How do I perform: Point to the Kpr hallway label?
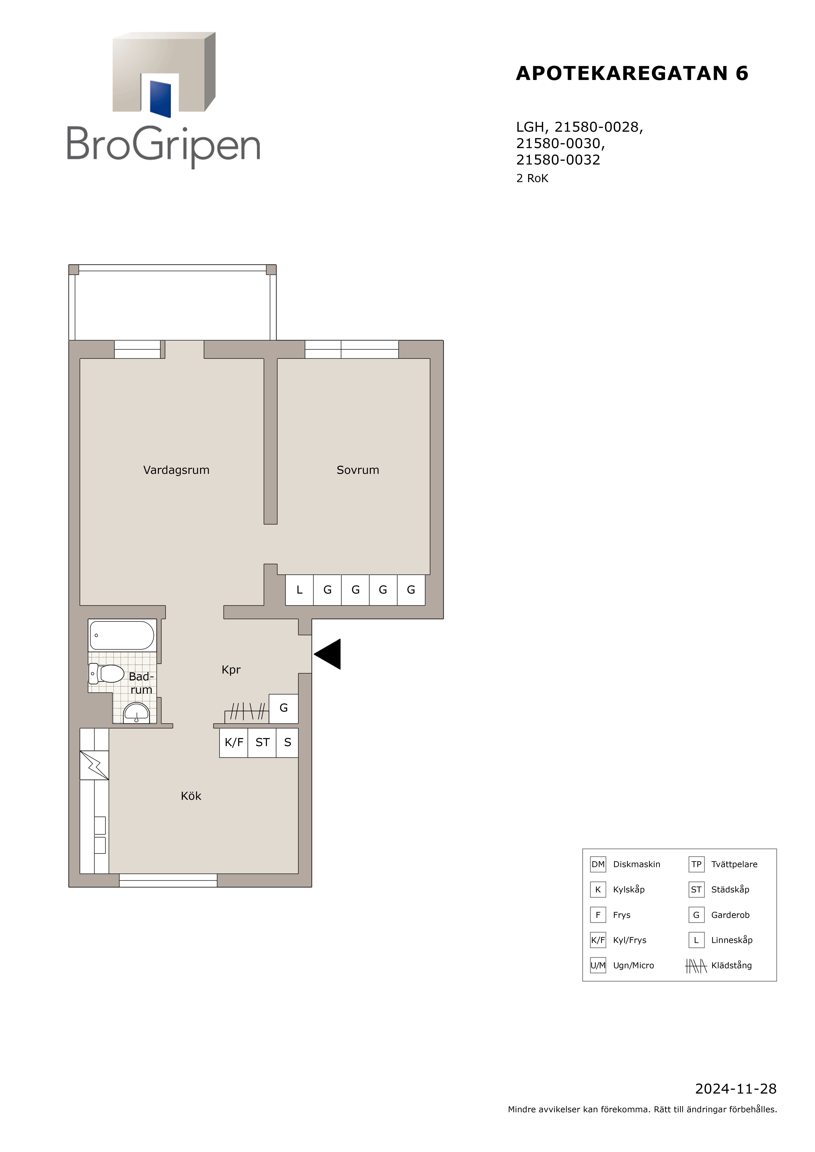231,670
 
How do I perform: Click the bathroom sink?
136,713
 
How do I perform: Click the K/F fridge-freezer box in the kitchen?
233,743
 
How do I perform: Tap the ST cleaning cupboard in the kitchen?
262,743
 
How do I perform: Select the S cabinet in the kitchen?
287,743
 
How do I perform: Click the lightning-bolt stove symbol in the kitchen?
94,765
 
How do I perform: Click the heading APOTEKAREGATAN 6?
632,73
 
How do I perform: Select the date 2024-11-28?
736,1089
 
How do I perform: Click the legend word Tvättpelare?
734,864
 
